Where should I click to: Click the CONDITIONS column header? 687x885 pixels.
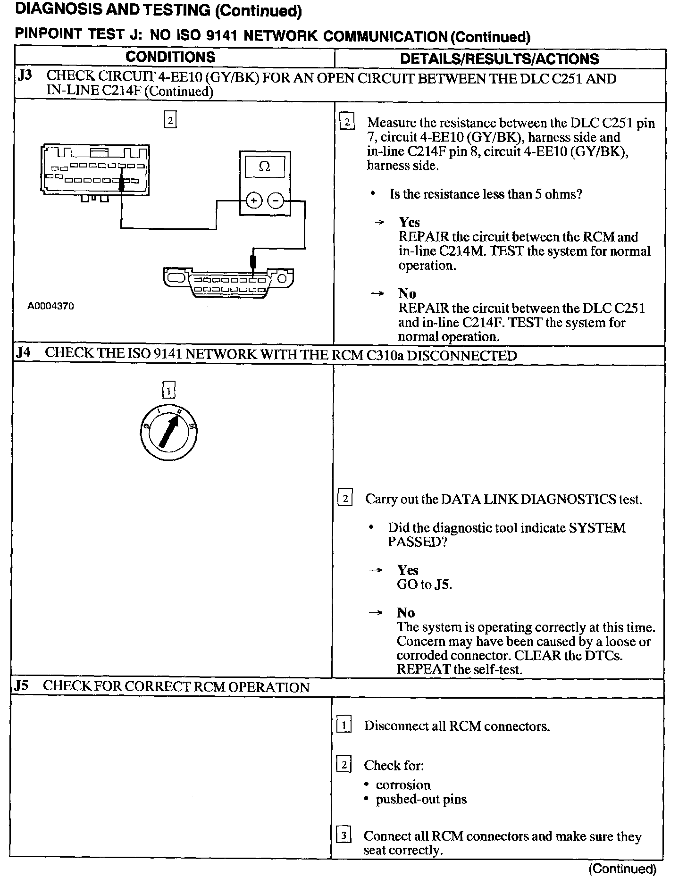[x=170, y=57]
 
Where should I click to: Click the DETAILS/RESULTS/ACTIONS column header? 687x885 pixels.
[x=499, y=58]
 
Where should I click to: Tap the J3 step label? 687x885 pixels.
[x=25, y=75]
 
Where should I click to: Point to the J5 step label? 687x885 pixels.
[x=21, y=685]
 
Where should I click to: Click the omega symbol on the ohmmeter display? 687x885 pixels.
[x=265, y=167]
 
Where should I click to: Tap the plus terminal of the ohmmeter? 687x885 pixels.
[x=254, y=201]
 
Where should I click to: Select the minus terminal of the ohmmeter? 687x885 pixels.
[x=276, y=201]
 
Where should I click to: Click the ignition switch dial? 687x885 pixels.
[x=168, y=432]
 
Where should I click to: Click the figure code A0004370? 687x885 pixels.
[x=50, y=306]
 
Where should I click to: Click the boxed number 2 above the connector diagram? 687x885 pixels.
[x=170, y=120]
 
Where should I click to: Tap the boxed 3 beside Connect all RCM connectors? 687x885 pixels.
[x=343, y=836]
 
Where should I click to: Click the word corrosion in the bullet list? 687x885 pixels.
[x=403, y=785]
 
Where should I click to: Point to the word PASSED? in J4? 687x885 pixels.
[x=417, y=542]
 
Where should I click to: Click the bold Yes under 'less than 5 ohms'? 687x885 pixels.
[x=409, y=222]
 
